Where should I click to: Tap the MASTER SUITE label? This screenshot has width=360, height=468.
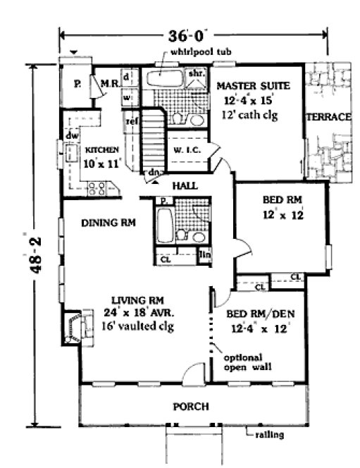click(244, 86)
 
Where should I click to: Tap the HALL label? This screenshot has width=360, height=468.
click(185, 185)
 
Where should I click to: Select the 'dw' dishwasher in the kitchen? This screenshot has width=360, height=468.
click(71, 134)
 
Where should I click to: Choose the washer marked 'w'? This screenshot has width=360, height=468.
click(127, 98)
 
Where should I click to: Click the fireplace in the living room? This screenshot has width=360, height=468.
click(75, 326)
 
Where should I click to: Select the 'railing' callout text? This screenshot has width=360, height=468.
click(269, 436)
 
